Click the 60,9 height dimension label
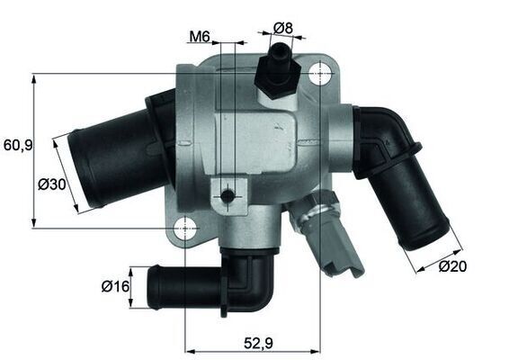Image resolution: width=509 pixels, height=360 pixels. click(x=17, y=144)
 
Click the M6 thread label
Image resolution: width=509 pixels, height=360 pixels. click(x=199, y=37)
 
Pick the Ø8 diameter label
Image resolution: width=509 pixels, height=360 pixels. click(x=282, y=28)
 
